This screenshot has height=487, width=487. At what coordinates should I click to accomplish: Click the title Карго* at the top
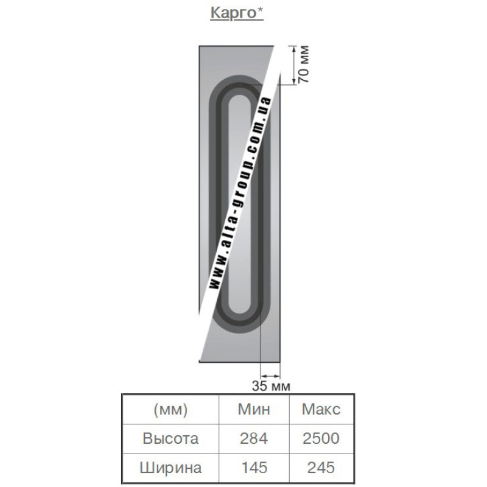(x=237, y=13)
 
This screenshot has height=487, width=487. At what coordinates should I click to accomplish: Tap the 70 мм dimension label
(x=304, y=64)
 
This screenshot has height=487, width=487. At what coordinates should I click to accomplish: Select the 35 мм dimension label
(x=271, y=386)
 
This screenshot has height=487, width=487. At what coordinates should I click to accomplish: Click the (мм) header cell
(x=170, y=410)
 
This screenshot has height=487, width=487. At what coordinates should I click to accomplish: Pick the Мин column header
(x=254, y=409)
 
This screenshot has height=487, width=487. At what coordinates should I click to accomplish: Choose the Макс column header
(x=321, y=409)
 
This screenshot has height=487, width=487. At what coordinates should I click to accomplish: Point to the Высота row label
(x=170, y=438)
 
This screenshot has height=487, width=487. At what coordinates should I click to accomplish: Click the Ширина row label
(x=170, y=468)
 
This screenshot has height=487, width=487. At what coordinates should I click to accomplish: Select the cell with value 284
(x=254, y=438)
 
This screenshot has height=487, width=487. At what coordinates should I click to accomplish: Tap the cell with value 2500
(x=321, y=438)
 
